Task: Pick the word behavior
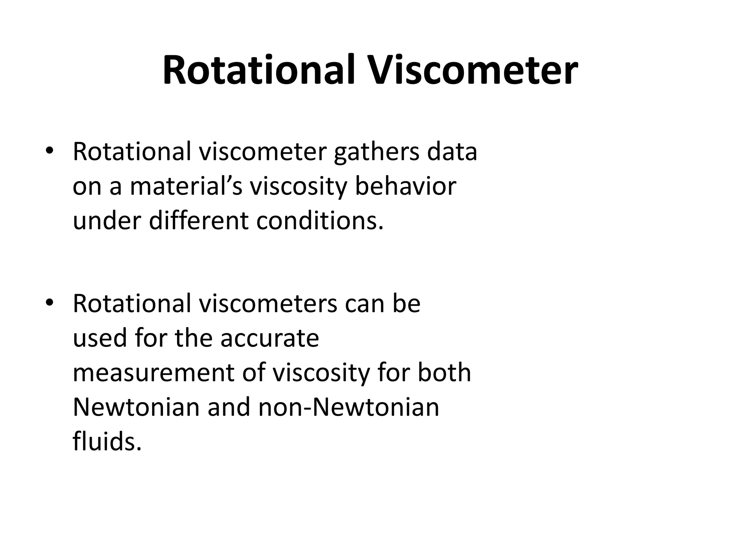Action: (x=405, y=187)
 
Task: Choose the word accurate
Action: (x=270, y=339)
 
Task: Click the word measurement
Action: (x=154, y=373)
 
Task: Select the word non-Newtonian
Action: (x=349, y=407)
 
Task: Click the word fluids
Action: (x=107, y=441)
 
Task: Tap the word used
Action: (x=100, y=339)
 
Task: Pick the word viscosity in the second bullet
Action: (x=321, y=374)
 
